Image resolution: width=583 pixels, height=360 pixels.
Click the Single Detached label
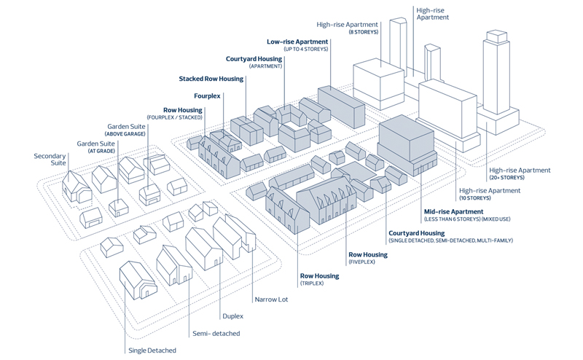coord(152,351)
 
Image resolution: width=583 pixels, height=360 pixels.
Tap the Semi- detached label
coord(216,334)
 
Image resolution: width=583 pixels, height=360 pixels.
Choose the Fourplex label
coord(207,95)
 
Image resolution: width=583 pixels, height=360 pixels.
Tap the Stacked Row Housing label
coord(211,79)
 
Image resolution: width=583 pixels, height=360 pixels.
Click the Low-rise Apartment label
coord(297,42)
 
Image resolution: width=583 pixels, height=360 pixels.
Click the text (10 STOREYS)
coord(474,198)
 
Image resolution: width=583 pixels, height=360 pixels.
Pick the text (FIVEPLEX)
coord(361,262)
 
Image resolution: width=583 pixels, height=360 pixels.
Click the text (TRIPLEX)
coord(311,283)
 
